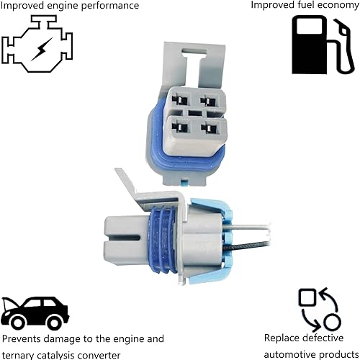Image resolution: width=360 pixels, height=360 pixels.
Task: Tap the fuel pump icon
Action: click(322, 45)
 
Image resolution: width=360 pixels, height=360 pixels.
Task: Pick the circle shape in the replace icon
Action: click(331, 321)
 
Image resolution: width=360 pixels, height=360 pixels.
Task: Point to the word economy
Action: click(333, 6)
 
